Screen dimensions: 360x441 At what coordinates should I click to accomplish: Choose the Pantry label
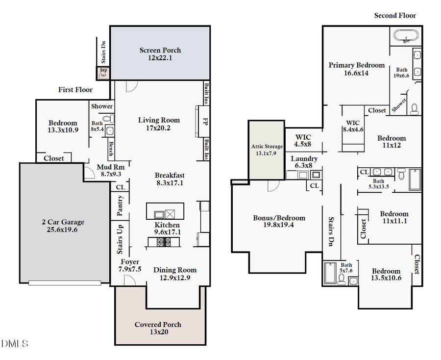click(120, 206)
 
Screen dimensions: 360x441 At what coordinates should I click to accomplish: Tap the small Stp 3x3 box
click(103, 73)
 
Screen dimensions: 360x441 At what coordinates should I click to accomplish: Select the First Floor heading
click(75, 90)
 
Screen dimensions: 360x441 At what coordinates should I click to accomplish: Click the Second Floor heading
click(395, 16)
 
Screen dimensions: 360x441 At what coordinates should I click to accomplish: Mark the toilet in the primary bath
click(414, 108)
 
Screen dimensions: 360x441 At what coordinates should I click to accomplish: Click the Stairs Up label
click(120, 238)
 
